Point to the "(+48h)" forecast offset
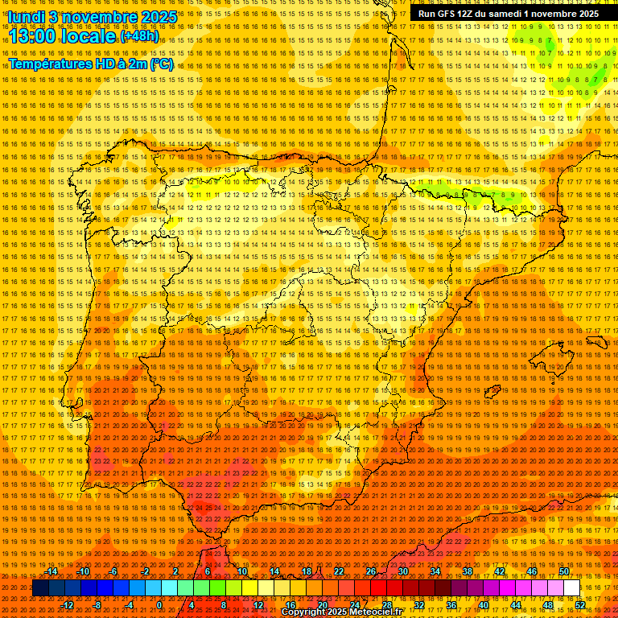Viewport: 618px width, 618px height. (x=139, y=36)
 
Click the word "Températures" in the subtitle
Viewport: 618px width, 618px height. (x=49, y=64)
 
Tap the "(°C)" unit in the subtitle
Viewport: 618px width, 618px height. (x=161, y=64)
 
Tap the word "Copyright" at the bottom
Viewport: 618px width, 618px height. (x=303, y=612)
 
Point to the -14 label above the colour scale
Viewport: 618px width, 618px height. (x=51, y=571)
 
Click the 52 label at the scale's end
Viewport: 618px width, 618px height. (x=580, y=605)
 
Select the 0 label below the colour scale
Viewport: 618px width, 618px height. (x=159, y=605)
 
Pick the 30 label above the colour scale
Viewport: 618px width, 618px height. (x=402, y=571)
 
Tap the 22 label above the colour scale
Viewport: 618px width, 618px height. (x=338, y=571)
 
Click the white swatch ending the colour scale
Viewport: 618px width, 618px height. (x=571, y=588)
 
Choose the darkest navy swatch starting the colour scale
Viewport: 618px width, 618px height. (x=40, y=588)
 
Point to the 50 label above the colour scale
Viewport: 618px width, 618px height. (x=564, y=571)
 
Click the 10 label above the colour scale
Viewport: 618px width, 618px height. (x=241, y=571)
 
